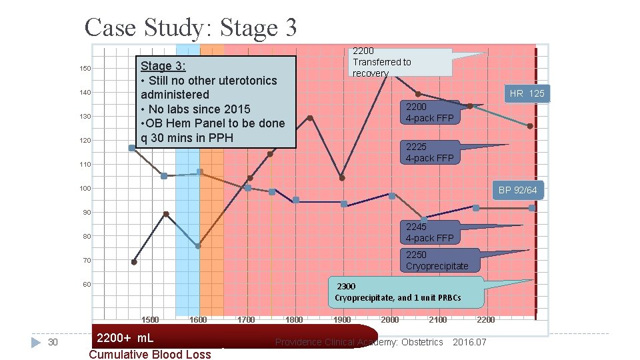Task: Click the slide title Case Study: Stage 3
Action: (191, 27)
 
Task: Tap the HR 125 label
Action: (527, 93)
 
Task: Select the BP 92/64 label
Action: (517, 190)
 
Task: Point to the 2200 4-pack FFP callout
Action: (429, 112)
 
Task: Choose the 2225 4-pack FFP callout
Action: (429, 152)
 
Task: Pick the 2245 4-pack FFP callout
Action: (429, 233)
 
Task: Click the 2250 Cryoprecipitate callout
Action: (437, 260)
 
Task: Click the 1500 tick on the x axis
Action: (150, 320)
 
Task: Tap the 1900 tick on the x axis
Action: (342, 320)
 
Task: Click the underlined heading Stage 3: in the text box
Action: (163, 66)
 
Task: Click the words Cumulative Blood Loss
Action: (149, 354)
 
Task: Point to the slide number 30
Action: (54, 342)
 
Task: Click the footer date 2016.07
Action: (469, 342)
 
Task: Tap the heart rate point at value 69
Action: (134, 262)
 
